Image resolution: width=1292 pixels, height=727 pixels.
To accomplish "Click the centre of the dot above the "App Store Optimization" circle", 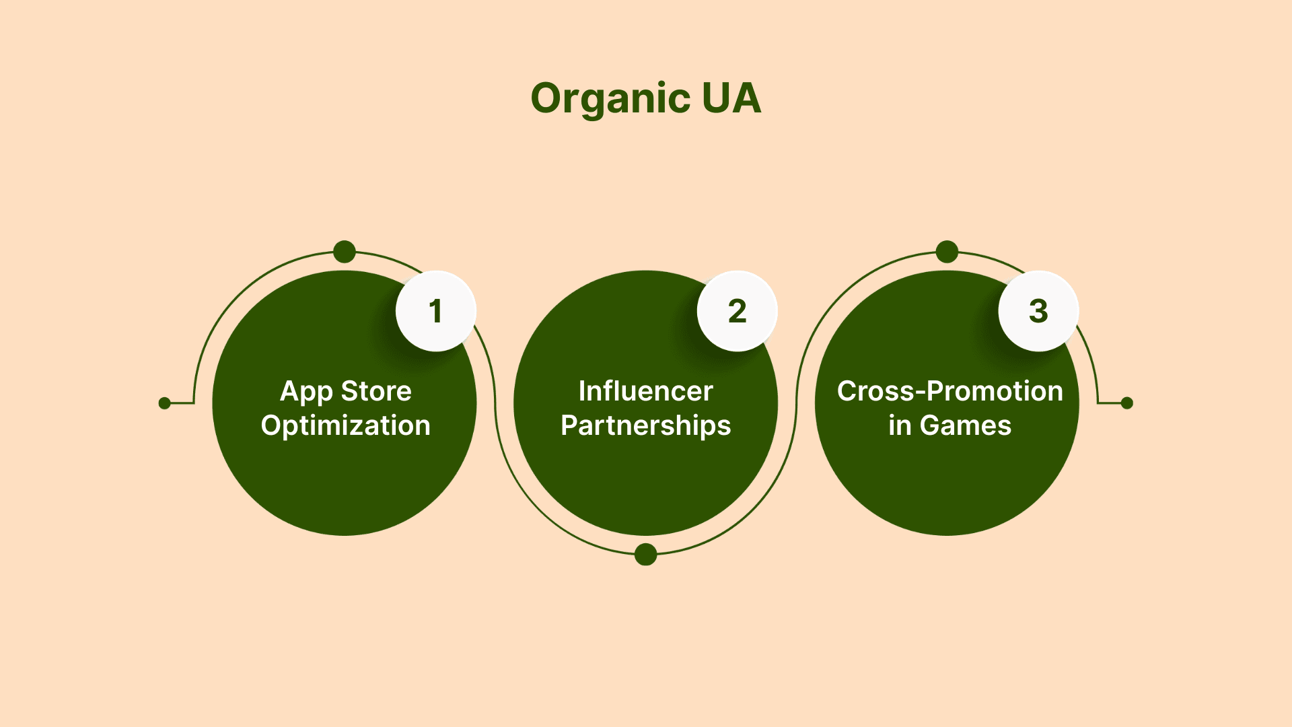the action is (345, 252).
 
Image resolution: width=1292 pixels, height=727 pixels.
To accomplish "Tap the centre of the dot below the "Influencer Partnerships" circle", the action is (646, 554).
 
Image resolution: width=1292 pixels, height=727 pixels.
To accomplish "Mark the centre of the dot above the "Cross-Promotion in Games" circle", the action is (947, 252).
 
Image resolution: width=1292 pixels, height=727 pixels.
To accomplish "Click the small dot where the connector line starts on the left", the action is (164, 403).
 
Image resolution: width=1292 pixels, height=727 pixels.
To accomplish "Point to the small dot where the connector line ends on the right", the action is (1127, 403).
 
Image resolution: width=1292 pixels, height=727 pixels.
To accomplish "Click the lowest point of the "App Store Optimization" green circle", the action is (345, 536).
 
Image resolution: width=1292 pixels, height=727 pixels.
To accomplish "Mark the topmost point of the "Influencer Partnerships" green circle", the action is (646, 271).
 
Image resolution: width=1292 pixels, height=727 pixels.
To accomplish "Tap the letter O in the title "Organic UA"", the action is (551, 98).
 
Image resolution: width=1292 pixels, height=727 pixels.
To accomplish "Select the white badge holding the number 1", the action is (436, 311).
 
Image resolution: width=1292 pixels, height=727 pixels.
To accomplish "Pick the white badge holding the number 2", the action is (738, 311).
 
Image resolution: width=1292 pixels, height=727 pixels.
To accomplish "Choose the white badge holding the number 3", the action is (1039, 311).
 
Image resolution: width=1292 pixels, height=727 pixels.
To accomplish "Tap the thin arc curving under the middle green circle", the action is (646, 554).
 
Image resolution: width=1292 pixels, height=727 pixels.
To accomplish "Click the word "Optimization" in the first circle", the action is (345, 426).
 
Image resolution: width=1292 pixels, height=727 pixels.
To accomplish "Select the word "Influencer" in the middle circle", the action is (646, 391).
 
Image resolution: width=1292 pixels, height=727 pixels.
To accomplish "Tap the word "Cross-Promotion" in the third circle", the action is (950, 391).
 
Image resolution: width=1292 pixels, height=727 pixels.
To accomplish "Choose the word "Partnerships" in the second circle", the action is (646, 426).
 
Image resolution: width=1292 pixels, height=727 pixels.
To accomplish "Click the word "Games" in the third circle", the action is (966, 425).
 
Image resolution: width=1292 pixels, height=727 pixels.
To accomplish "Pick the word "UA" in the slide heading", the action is (731, 98).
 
